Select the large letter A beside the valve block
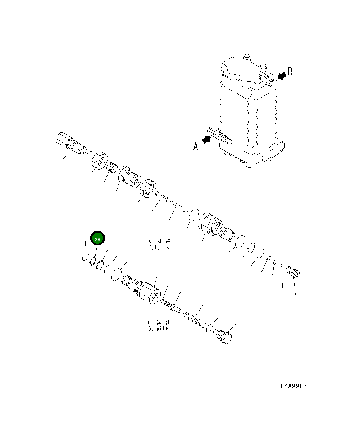(x=196, y=146)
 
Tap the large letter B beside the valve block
(x=290, y=72)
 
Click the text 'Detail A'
(x=159, y=248)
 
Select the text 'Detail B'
(x=158, y=329)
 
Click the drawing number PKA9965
(x=293, y=386)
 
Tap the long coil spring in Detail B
(x=194, y=320)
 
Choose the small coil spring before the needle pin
(x=162, y=197)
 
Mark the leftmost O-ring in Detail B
(x=85, y=257)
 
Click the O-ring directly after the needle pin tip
(x=193, y=215)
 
